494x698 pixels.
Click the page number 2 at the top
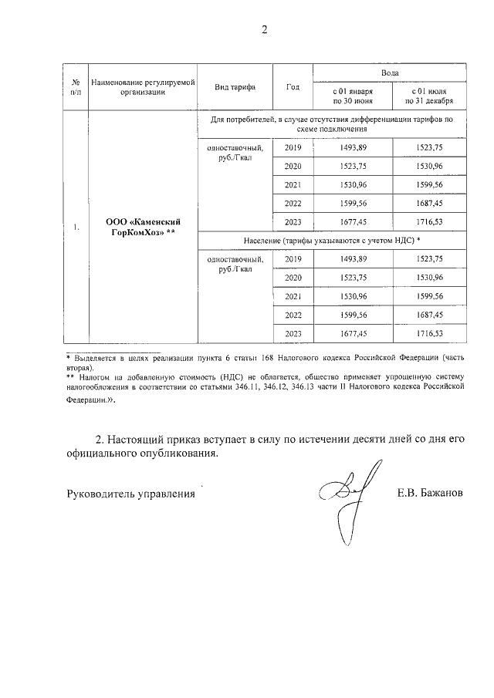coord(264,30)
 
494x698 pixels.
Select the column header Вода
coord(390,71)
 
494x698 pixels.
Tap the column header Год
coord(293,86)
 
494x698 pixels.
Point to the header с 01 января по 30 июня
coord(352,96)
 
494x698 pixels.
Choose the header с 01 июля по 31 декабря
coord(428,96)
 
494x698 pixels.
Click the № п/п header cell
coord(76,86)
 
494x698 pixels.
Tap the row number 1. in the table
coord(76,228)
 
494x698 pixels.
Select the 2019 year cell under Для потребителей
coord(293,148)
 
